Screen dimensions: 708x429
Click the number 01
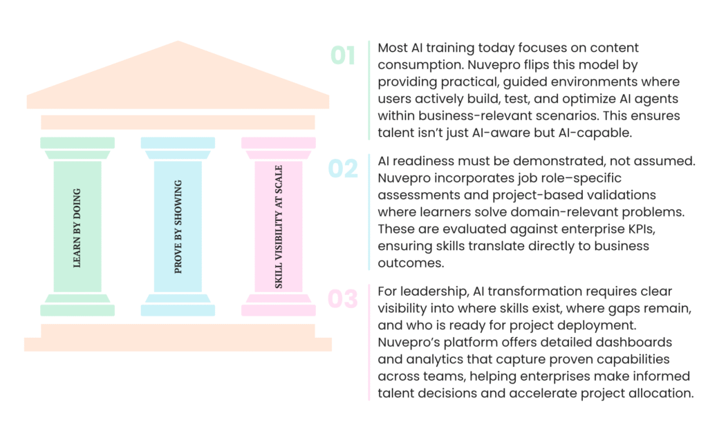[x=343, y=55]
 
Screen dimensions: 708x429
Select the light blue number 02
[x=343, y=169]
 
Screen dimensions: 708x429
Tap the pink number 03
[x=343, y=298]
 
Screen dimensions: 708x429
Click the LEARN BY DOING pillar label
[x=77, y=228]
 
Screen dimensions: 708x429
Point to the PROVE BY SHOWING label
[x=178, y=227]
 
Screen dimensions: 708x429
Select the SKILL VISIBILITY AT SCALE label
[x=279, y=227]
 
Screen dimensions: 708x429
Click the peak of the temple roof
[x=178, y=41]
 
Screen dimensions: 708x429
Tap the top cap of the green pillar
[x=77, y=143]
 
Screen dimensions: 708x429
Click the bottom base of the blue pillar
[x=178, y=310]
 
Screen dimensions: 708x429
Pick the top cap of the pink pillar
[x=279, y=143]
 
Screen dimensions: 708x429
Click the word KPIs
[x=641, y=229]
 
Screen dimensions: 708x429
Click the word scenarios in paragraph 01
[x=560, y=116]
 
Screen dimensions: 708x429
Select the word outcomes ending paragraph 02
[x=411, y=263]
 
